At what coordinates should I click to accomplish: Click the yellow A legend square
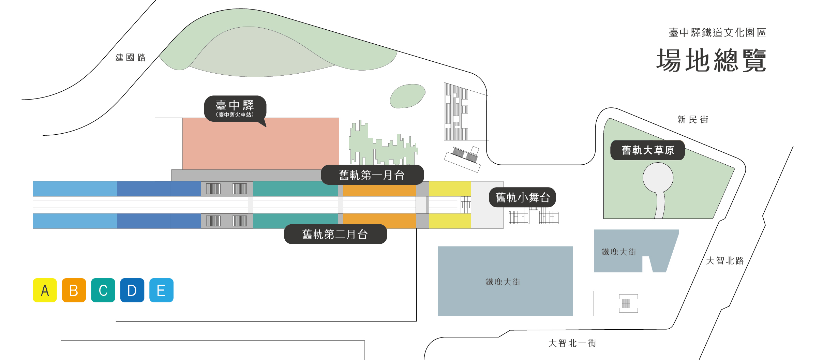click(x=45, y=290)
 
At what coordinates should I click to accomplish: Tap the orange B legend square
click(x=74, y=290)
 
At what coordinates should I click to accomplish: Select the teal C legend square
click(x=103, y=290)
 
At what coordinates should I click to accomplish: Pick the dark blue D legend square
click(x=132, y=290)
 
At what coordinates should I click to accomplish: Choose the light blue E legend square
click(x=161, y=290)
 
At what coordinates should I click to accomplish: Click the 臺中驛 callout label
click(x=235, y=108)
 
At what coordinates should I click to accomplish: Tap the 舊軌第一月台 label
click(x=372, y=175)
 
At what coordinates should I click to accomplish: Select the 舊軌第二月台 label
click(x=335, y=234)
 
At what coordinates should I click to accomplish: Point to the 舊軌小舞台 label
click(x=522, y=197)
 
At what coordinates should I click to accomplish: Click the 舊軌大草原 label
click(x=647, y=150)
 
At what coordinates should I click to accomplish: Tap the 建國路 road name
click(x=130, y=58)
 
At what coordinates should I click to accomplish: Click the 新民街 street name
click(x=692, y=120)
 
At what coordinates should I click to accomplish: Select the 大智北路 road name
click(x=725, y=261)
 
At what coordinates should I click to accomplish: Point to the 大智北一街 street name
click(x=572, y=343)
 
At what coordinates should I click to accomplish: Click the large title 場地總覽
click(x=711, y=60)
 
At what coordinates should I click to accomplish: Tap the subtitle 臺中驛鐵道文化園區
click(x=717, y=33)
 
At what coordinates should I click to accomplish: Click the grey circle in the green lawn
click(x=658, y=178)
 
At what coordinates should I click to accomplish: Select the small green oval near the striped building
click(x=407, y=96)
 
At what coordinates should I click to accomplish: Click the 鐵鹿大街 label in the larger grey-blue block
click(x=503, y=282)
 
